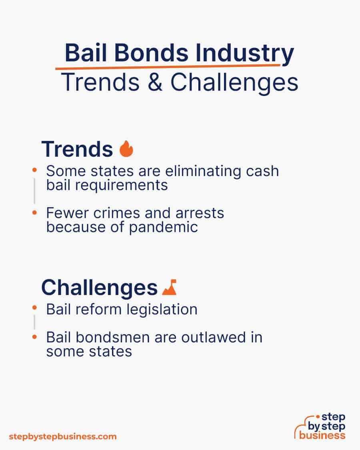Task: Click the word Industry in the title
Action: click(x=244, y=53)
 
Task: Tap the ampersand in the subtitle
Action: click(x=155, y=82)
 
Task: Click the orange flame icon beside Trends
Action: click(x=126, y=149)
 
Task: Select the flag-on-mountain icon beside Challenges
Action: click(x=169, y=287)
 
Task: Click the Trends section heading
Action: click(x=77, y=149)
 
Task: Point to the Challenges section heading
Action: click(x=99, y=287)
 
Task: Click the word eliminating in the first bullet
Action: click(x=203, y=171)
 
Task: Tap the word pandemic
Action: click(x=163, y=227)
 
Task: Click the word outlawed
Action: click(x=214, y=337)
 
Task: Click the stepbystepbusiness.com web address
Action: click(x=63, y=437)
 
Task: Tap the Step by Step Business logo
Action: click(x=320, y=426)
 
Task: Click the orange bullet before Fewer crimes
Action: click(x=35, y=213)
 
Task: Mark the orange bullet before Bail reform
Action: click(x=35, y=308)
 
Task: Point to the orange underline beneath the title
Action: click(x=168, y=67)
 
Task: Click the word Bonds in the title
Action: click(x=151, y=53)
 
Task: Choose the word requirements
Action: click(x=122, y=185)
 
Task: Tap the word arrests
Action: click(x=200, y=213)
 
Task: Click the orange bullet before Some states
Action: click(x=35, y=170)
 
